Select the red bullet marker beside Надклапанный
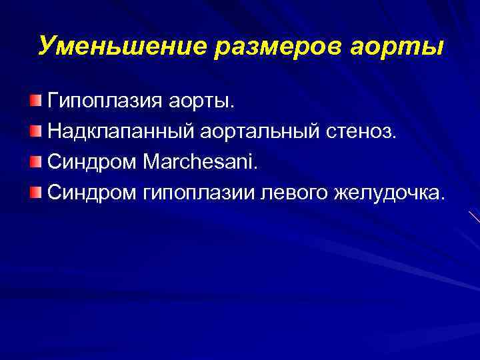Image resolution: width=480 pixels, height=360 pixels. [35, 131]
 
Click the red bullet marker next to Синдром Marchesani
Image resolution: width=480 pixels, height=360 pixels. [35, 161]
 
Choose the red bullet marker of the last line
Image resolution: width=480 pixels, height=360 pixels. [35, 191]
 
